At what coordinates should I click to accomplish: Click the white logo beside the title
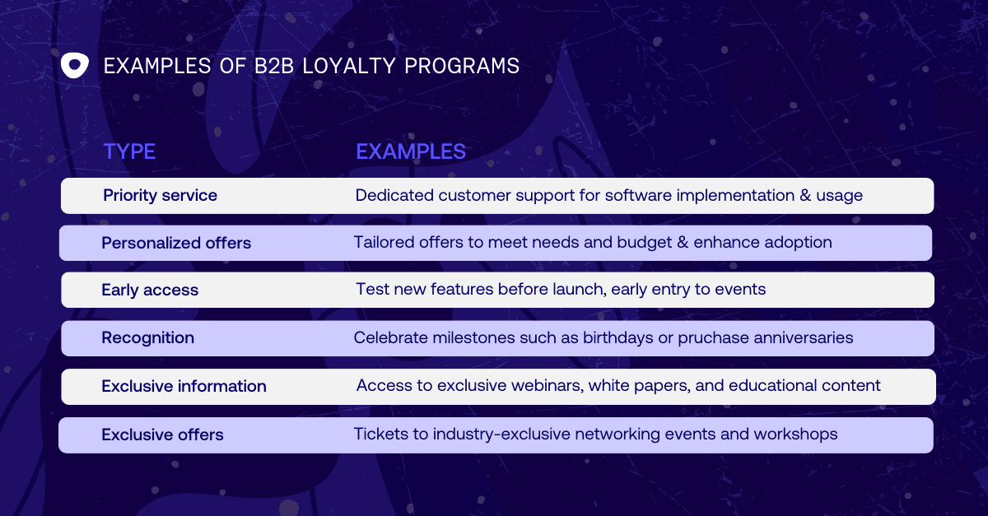(75, 65)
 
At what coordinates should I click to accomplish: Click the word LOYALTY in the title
(349, 66)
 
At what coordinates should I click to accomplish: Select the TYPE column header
(129, 151)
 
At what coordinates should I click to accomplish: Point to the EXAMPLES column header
(411, 151)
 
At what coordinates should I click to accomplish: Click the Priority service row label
(160, 195)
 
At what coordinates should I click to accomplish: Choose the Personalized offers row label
(176, 243)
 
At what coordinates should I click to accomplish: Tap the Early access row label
(150, 291)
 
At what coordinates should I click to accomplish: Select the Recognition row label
(147, 337)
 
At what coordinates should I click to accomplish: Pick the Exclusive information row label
(184, 386)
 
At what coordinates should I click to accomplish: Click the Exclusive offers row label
(162, 435)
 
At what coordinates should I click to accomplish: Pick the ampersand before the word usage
(805, 195)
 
